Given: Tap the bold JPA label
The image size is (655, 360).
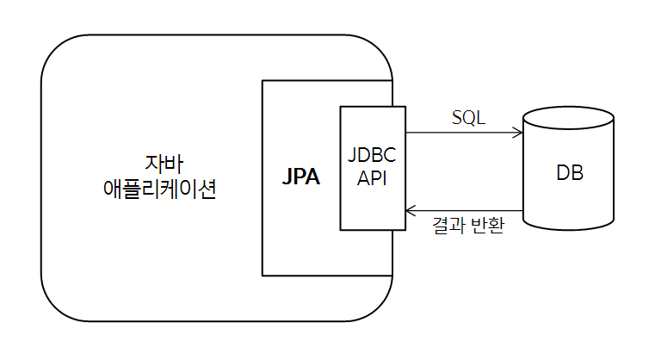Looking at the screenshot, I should coord(300,177).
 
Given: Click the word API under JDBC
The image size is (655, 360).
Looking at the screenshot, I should coord(372,179).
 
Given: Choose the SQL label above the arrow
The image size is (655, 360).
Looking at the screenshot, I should coord(468,118).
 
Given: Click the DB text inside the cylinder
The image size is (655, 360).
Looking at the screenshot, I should coord(569,173).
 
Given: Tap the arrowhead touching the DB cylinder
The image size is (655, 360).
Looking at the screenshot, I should coord(519,133).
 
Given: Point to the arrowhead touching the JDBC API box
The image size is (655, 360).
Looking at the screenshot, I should coord(411,210).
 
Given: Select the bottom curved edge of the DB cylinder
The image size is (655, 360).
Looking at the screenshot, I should coord(569,228).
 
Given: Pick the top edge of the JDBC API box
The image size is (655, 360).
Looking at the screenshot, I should coord(372,107).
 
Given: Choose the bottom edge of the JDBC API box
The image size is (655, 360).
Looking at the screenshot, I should coord(372,230).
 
